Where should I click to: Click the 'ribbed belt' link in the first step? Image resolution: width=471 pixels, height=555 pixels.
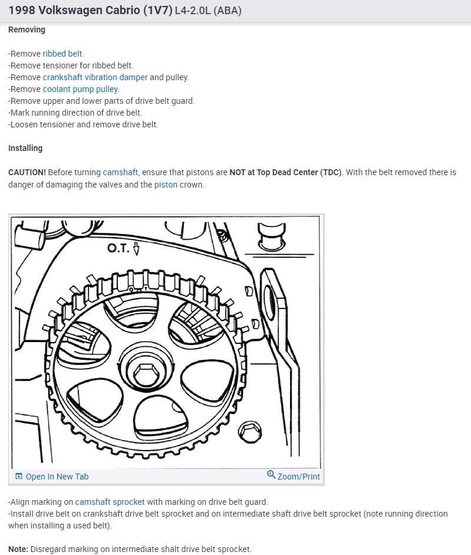[62, 54]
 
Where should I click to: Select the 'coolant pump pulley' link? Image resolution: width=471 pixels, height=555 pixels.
[80, 89]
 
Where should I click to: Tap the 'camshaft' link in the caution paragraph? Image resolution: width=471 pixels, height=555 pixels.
[120, 172]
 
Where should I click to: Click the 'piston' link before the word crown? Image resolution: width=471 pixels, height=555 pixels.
[166, 185]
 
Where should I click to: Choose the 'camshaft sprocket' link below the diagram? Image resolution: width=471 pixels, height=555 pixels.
[110, 502]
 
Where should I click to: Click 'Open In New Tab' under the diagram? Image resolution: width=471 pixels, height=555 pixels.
[57, 477]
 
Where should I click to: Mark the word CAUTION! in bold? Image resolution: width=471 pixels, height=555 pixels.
[27, 172]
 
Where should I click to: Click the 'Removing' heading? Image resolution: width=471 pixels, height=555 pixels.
[27, 29]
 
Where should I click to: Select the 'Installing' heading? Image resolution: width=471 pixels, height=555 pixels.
[25, 148]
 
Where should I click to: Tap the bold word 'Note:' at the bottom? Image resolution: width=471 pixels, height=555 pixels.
[18, 549]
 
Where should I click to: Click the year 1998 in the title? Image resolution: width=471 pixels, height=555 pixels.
[22, 11]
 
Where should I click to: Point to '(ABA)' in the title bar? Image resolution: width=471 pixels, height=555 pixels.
[228, 11]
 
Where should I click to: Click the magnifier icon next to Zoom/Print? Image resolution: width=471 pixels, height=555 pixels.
[271, 475]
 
